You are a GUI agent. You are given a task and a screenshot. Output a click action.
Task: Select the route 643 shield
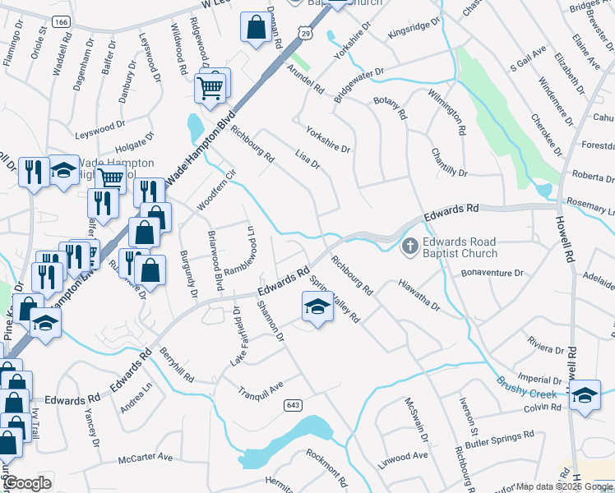coord(292,405)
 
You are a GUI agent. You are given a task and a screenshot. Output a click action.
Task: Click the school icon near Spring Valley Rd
coord(317,308)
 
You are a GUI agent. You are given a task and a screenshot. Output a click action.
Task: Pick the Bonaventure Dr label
coord(492,273)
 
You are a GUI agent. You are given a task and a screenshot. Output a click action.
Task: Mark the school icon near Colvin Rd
coord(584,394)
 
